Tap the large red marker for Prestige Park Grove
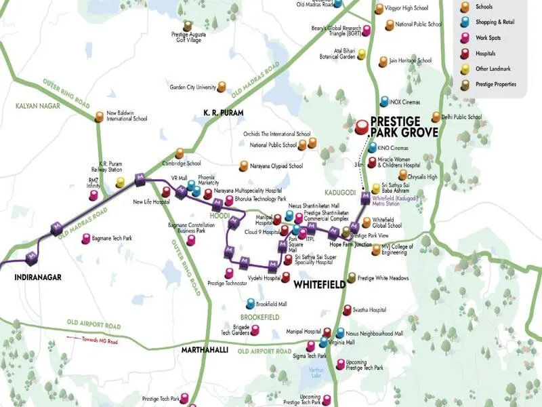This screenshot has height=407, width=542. [362, 125]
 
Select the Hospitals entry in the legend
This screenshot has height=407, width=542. [485, 53]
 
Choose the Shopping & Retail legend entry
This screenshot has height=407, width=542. [495, 22]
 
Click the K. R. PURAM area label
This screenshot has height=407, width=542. [224, 112]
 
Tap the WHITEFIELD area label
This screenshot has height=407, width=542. [320, 285]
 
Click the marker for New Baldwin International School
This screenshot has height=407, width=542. [100, 117]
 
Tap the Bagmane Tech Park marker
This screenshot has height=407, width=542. [86, 239]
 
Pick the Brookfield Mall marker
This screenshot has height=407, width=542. [250, 303]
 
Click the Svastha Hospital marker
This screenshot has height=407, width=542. [347, 310]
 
